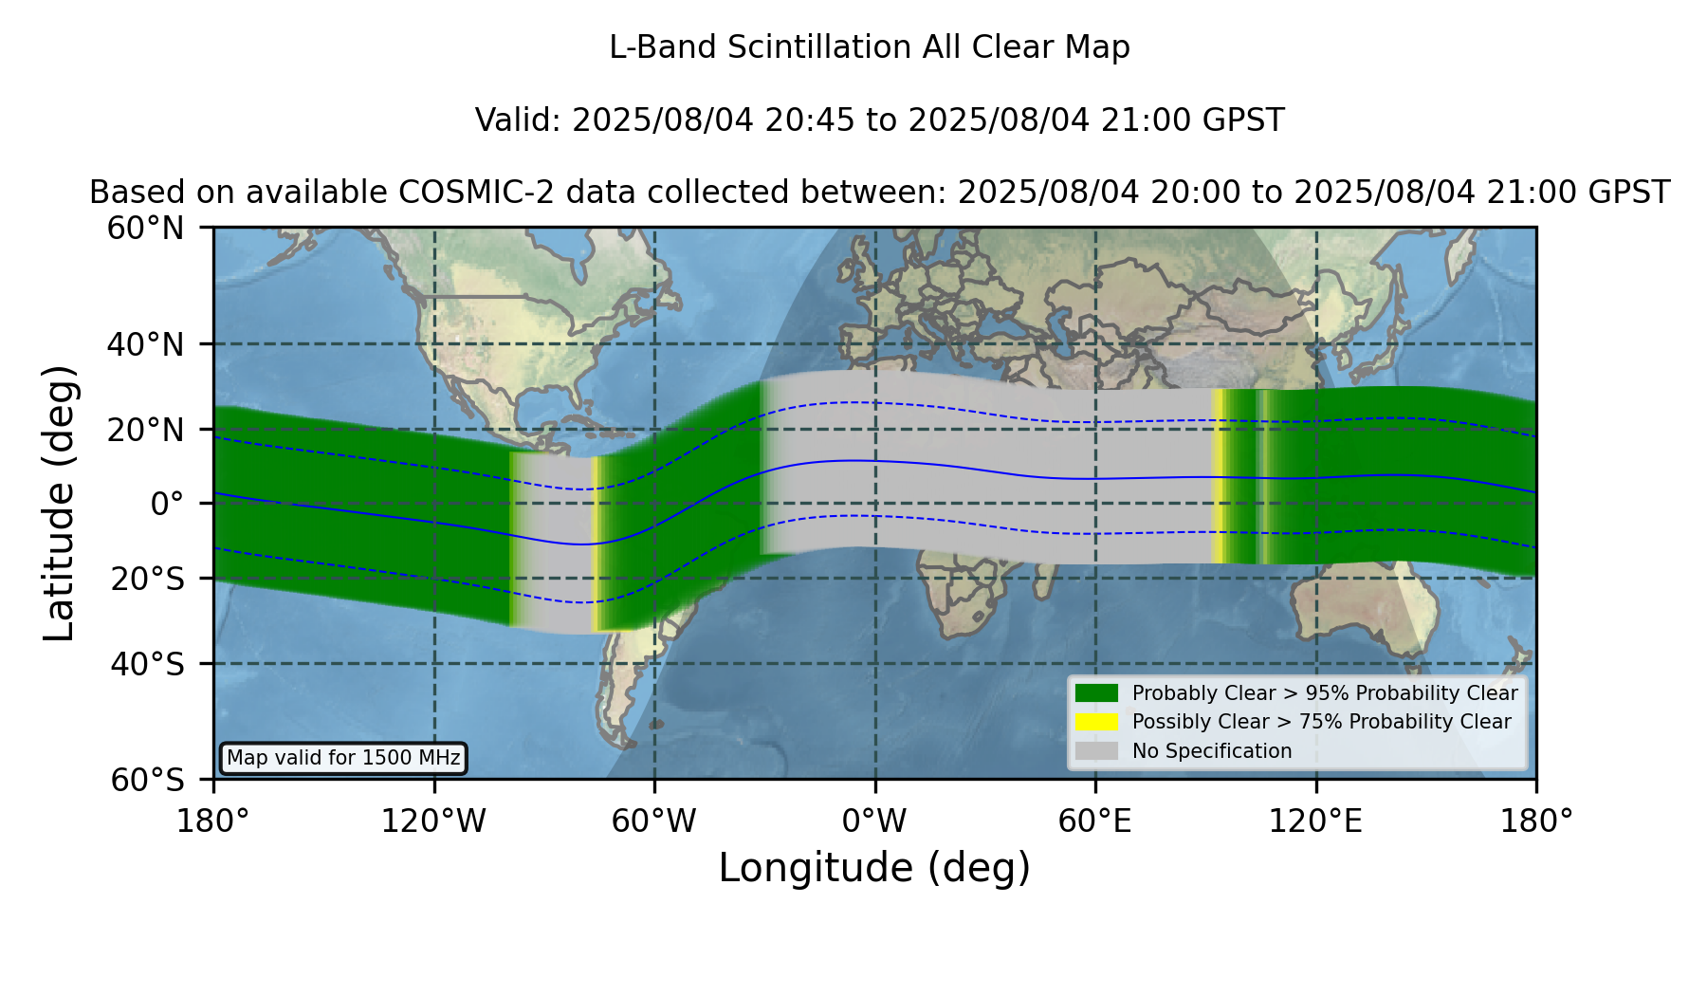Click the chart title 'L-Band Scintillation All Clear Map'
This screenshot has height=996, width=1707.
pos(870,47)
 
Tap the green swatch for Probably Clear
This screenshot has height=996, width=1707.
pos(1096,692)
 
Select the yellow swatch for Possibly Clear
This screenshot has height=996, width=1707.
pos(1096,722)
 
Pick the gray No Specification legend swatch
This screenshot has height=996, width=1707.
pos(1096,750)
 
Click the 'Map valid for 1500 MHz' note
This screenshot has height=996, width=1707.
pos(343,758)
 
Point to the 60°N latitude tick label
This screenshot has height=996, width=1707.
pos(146,229)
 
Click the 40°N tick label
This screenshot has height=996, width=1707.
pos(146,344)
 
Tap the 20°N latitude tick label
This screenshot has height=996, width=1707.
pos(146,430)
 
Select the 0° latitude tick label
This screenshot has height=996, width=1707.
pos(168,504)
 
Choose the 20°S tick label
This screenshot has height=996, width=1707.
pos(148,579)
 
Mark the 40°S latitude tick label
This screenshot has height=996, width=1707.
pos(148,664)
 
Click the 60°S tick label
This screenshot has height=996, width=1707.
pos(148,780)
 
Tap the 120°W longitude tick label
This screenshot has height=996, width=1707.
pos(433,821)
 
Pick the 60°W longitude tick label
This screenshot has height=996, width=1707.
pos(654,821)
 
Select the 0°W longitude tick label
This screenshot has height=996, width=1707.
pos(874,821)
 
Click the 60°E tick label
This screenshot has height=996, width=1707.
pos(1095,821)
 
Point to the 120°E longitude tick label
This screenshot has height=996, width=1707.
pos(1315,821)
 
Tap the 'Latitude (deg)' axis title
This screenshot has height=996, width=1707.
pos(60,503)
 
